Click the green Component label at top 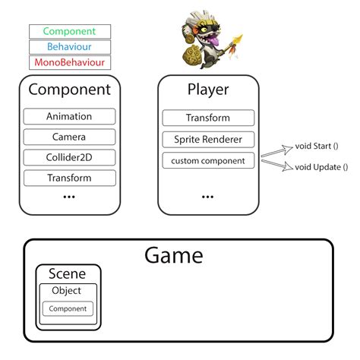(69, 31)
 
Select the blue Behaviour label (69, 46)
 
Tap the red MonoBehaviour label (69, 62)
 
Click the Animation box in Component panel (69, 116)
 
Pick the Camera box (69, 137)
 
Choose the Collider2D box (69, 157)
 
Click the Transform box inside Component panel (69, 178)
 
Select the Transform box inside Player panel (207, 118)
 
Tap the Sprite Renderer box (207, 139)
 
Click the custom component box (207, 160)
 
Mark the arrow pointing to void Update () (278, 163)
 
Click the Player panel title (207, 90)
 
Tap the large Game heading (174, 255)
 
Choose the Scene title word (67, 273)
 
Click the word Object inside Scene (67, 290)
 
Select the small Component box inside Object (68, 308)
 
